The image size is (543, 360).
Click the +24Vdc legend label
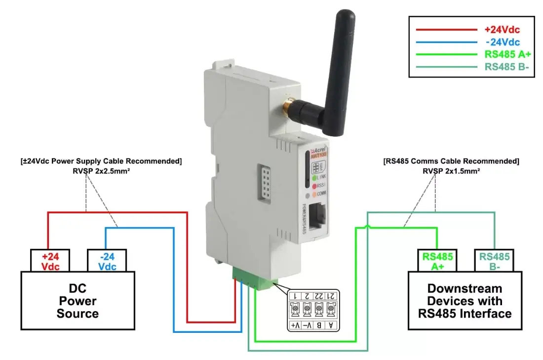tap(502, 30)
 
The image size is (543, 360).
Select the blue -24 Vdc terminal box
tap(107, 261)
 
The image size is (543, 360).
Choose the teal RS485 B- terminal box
tap(495, 261)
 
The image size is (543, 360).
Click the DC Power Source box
tap(78, 300)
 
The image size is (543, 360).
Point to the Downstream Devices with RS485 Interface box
tap(465, 300)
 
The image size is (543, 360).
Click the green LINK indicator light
tap(314, 177)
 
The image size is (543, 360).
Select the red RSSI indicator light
tap(314, 185)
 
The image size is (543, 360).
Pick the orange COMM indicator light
tap(314, 194)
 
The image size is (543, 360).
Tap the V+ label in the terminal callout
tap(295, 325)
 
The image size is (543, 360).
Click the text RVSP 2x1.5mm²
tap(451, 170)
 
